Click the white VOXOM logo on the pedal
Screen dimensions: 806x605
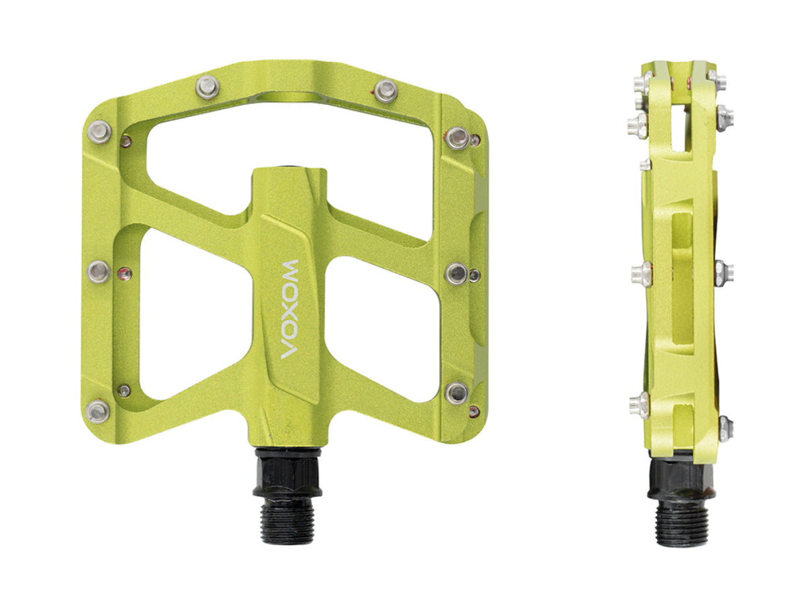pyautogui.click(x=290, y=309)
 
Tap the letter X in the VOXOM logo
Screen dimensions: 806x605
pyautogui.click(x=290, y=310)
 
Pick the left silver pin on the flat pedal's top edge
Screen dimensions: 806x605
pyautogui.click(x=208, y=87)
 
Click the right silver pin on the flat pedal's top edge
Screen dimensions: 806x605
pyautogui.click(x=386, y=91)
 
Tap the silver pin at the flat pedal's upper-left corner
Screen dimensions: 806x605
pyautogui.click(x=99, y=132)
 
